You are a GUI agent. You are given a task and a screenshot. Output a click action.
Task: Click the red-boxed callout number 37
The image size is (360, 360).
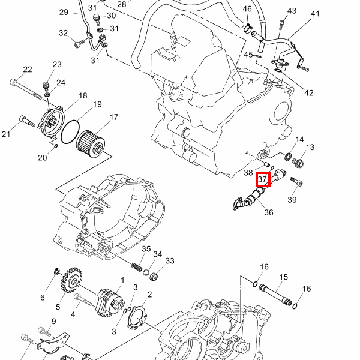(263, 179)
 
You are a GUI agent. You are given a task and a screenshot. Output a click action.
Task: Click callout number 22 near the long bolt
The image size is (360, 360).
(27, 70)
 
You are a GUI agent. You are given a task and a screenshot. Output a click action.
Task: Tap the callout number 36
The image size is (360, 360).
(268, 212)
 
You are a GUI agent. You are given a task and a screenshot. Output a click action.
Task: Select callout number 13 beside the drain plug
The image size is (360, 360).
(310, 148)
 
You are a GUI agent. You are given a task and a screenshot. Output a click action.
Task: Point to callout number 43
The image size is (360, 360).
(292, 11)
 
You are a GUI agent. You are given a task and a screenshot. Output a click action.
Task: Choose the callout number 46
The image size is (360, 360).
(247, 9)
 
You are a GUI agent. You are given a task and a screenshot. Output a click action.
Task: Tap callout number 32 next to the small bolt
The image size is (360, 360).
(64, 33)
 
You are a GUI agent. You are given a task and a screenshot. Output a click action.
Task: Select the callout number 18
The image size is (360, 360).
(82, 95)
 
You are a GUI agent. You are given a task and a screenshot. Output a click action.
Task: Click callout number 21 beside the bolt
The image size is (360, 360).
(7, 134)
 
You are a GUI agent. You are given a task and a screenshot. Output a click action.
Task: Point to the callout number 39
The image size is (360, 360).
(293, 200)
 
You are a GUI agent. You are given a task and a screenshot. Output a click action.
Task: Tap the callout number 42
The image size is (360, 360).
(309, 93)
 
